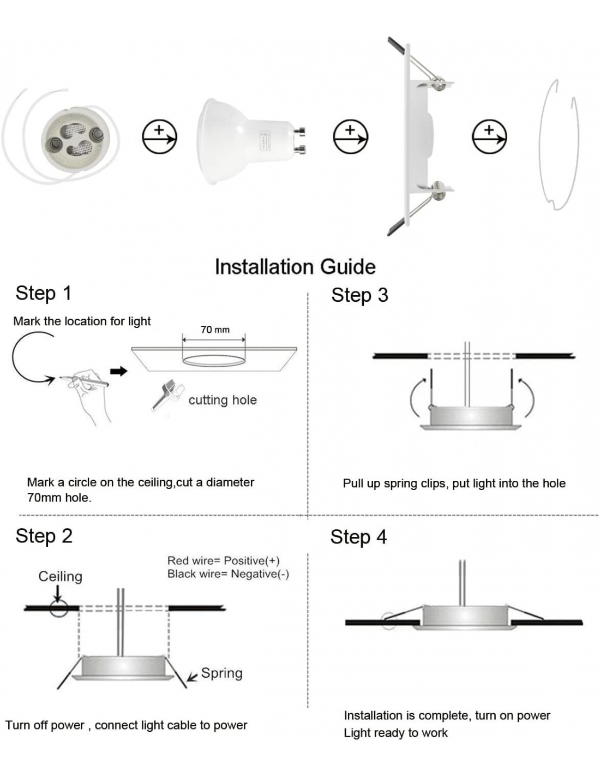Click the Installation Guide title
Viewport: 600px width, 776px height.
pyautogui.click(x=295, y=267)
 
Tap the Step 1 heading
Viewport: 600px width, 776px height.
pyautogui.click(x=44, y=293)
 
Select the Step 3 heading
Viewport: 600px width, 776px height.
pyautogui.click(x=359, y=295)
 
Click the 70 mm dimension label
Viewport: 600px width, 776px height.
pyautogui.click(x=215, y=330)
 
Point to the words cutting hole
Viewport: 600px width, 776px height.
pyautogui.click(x=223, y=400)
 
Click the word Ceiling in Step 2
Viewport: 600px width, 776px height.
pyautogui.click(x=61, y=576)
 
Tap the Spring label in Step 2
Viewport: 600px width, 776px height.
pyautogui.click(x=221, y=673)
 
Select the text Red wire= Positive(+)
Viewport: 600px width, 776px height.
pyautogui.click(x=224, y=560)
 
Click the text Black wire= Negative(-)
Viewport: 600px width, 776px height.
pyautogui.click(x=228, y=574)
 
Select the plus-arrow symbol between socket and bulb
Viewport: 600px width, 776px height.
pyautogui.click(x=160, y=136)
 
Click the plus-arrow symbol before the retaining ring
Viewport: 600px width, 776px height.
pyautogui.click(x=489, y=136)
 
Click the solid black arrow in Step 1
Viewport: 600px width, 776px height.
pyautogui.click(x=119, y=372)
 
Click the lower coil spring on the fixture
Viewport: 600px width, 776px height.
pyautogui.click(x=439, y=190)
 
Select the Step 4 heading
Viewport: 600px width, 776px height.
pyautogui.click(x=358, y=537)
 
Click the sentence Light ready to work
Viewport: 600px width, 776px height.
pyautogui.click(x=395, y=733)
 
